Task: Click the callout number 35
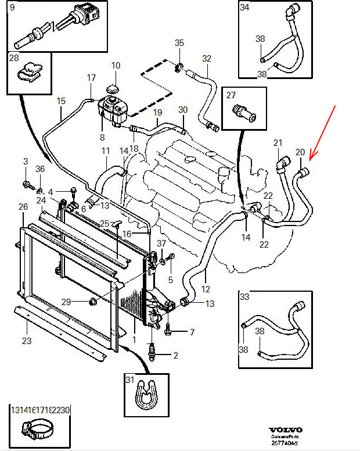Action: (x=179, y=44)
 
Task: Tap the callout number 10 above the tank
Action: (x=116, y=66)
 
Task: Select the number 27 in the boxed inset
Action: (x=231, y=95)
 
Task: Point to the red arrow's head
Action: (x=310, y=159)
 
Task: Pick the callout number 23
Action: (x=27, y=341)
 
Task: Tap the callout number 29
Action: (x=66, y=302)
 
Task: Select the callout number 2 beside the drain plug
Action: (x=175, y=355)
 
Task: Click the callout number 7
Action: (x=192, y=332)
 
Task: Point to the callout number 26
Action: (x=23, y=207)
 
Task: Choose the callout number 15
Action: (x=62, y=101)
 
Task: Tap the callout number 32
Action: (x=207, y=59)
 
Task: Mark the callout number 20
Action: (x=300, y=152)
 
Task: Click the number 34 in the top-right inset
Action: (x=244, y=8)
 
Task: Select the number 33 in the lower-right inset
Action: (x=244, y=297)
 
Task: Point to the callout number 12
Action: (x=206, y=289)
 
